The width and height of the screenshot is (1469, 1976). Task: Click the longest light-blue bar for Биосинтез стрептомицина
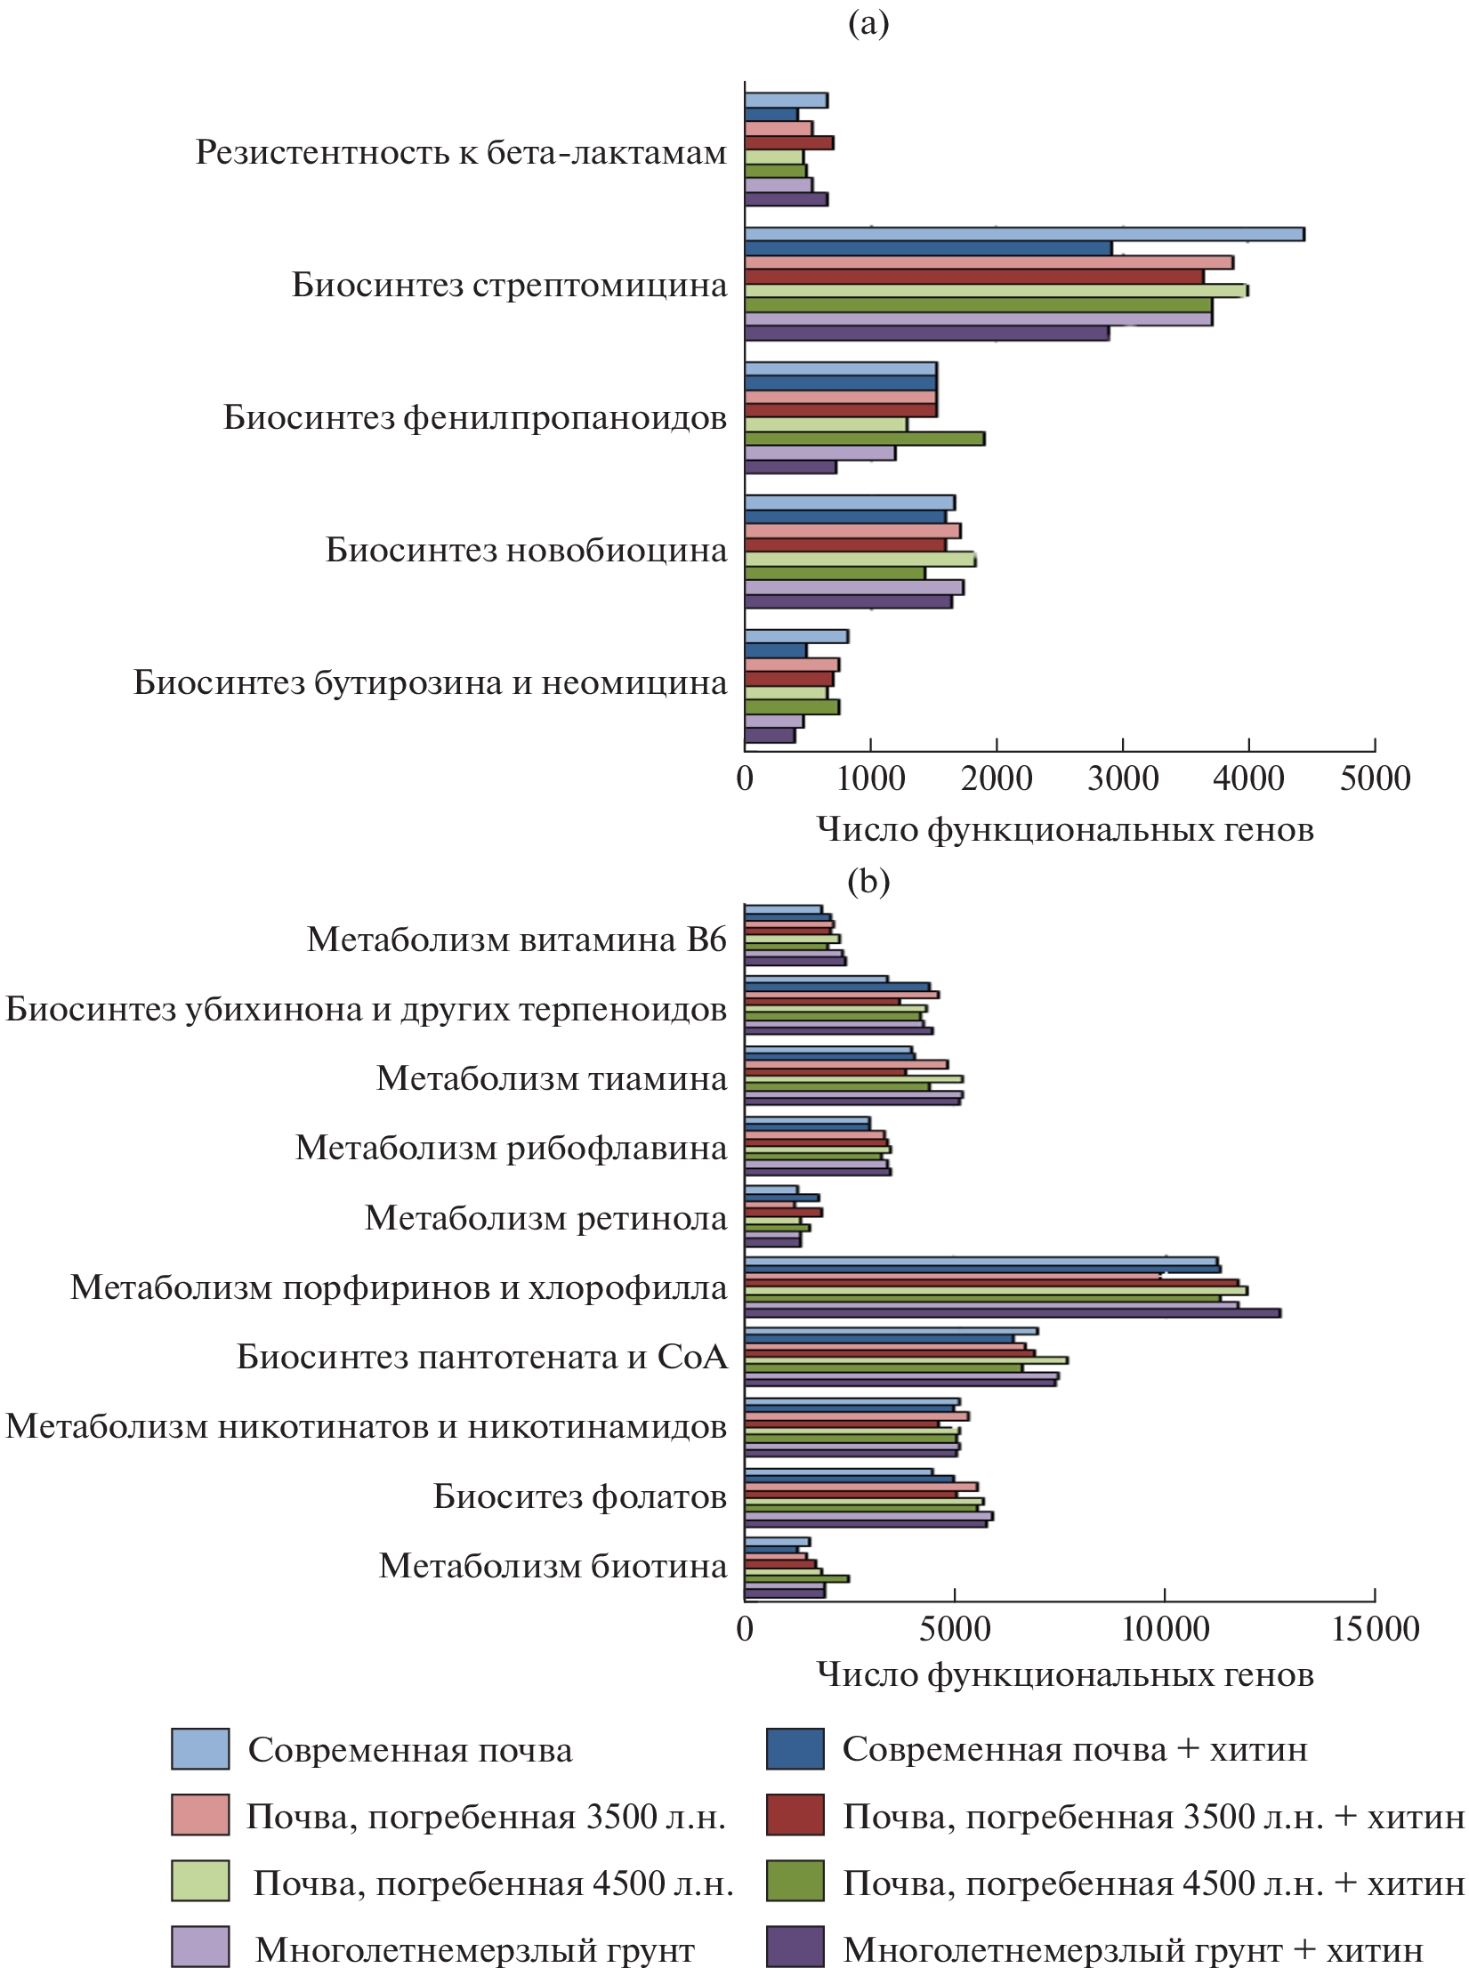click(1023, 234)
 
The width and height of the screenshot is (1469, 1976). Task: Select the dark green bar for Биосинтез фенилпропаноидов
click(864, 439)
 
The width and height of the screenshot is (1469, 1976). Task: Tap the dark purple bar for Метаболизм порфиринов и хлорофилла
click(1012, 1312)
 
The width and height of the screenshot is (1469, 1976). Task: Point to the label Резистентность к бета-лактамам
click(461, 153)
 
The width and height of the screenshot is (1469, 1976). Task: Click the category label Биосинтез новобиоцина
click(526, 551)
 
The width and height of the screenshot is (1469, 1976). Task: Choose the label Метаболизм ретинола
click(545, 1218)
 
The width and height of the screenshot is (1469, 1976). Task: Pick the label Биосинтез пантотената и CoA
click(481, 1357)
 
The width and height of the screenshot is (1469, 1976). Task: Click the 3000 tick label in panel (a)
click(1122, 779)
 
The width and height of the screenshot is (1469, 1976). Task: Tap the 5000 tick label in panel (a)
click(1375, 779)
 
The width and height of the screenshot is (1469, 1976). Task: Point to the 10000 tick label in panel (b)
click(1165, 1629)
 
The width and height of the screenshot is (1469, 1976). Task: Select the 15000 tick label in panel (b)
click(1375, 1629)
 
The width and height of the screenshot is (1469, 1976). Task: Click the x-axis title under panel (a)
click(1065, 830)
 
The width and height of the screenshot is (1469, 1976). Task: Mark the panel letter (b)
click(868, 881)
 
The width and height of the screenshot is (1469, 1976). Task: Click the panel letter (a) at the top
click(868, 24)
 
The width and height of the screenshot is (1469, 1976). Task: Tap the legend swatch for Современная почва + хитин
click(795, 1749)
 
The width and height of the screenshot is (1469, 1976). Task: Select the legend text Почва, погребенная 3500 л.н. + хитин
click(1153, 1816)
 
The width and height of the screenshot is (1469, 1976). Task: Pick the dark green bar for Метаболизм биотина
click(796, 1578)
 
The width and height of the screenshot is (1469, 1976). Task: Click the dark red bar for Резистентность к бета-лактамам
click(788, 142)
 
